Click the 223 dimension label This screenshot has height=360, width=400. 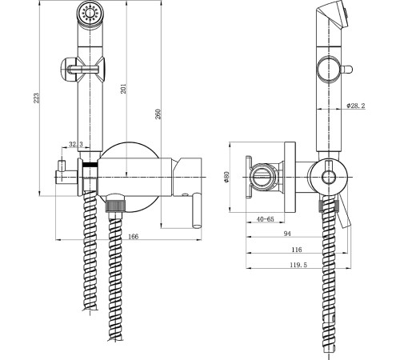coord(37,98)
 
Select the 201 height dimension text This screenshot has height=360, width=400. coord(123,89)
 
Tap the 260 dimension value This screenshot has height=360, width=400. coord(158,114)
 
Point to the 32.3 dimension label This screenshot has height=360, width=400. coord(76,145)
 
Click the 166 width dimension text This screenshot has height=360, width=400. coord(134,237)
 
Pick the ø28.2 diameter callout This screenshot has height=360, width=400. coord(356,106)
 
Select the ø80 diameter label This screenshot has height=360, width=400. coord(226,177)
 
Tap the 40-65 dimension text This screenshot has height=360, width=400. coord(265,219)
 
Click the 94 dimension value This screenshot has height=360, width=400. coord(287,234)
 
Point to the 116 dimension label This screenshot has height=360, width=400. coord(297,250)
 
